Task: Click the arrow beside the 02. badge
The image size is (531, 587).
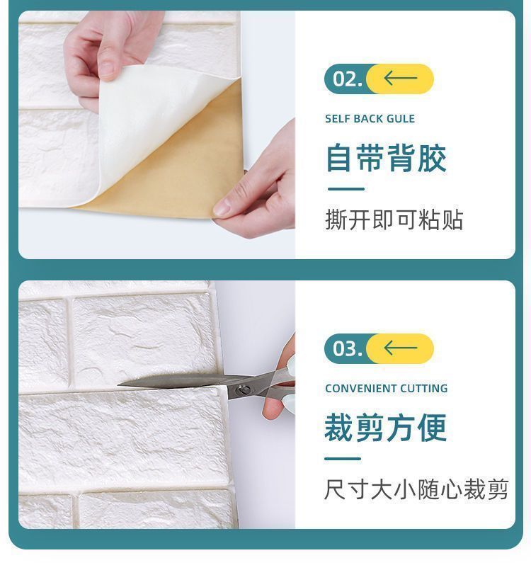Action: pyautogui.click(x=400, y=78)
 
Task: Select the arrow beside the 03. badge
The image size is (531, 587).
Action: pyautogui.click(x=400, y=348)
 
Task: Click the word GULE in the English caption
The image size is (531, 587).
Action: pyautogui.click(x=401, y=119)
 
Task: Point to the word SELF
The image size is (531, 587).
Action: pyautogui.click(x=337, y=119)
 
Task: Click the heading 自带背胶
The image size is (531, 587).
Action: pyautogui.click(x=386, y=159)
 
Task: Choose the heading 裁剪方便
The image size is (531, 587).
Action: pyautogui.click(x=386, y=428)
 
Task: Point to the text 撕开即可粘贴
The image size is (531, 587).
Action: pyautogui.click(x=394, y=220)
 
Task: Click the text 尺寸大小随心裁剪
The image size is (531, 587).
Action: pyautogui.click(x=416, y=489)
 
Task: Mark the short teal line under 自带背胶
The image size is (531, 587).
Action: pyautogui.click(x=346, y=189)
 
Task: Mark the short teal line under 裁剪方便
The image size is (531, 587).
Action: pyautogui.click(x=343, y=459)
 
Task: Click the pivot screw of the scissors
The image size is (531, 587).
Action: pyautogui.click(x=244, y=390)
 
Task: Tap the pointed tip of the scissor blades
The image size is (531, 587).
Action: pyautogui.click(x=118, y=384)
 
